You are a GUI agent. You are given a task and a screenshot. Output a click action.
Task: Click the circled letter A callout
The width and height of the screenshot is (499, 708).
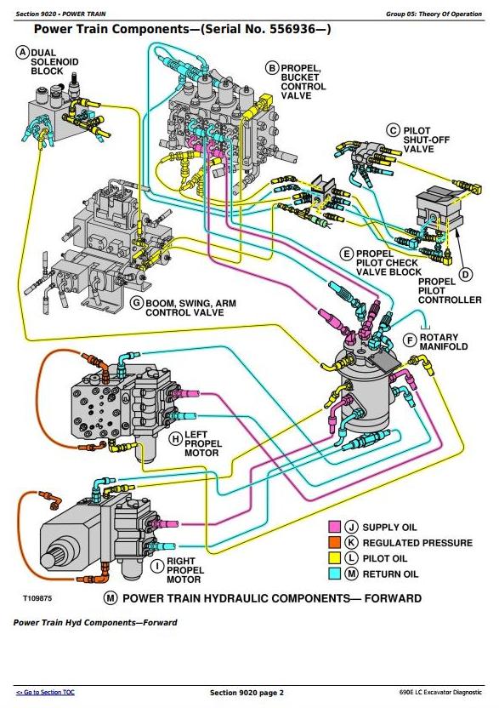point(23,53)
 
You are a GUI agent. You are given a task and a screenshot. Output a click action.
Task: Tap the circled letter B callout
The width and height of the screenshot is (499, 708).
point(272,68)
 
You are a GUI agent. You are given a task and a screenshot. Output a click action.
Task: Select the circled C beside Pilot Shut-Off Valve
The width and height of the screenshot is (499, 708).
point(394,131)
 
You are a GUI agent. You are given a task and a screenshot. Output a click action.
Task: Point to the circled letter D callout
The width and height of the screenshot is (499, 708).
point(466,274)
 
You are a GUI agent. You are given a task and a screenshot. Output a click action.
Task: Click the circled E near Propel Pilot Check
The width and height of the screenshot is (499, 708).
point(347,254)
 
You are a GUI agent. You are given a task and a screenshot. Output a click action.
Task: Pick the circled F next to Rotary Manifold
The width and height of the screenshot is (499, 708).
point(410,340)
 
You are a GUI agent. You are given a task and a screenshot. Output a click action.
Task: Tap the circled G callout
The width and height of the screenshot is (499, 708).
point(136,303)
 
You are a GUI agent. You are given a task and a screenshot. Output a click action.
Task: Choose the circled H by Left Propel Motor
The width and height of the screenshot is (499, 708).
point(175,438)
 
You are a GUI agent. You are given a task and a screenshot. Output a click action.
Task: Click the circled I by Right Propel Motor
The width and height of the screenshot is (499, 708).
point(157,566)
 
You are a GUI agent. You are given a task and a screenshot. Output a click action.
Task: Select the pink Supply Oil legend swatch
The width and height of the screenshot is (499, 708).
point(334,527)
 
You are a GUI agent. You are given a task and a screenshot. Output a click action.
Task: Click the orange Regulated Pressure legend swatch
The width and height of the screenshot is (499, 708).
point(334,543)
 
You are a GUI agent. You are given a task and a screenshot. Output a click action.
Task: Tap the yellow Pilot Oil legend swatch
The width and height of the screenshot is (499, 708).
point(334,558)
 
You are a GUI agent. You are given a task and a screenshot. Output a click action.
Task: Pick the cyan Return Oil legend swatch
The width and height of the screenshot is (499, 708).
point(334,574)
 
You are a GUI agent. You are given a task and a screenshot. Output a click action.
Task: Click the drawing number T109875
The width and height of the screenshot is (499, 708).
point(37,598)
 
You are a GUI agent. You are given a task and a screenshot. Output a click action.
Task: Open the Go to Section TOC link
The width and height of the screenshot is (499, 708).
point(45,692)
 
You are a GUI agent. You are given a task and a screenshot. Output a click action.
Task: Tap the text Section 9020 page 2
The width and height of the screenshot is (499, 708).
point(247,693)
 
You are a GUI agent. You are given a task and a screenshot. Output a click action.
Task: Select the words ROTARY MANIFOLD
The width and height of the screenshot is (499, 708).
point(444,342)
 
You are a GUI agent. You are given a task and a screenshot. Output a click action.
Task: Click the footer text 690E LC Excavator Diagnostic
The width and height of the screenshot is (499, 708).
point(440,692)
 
